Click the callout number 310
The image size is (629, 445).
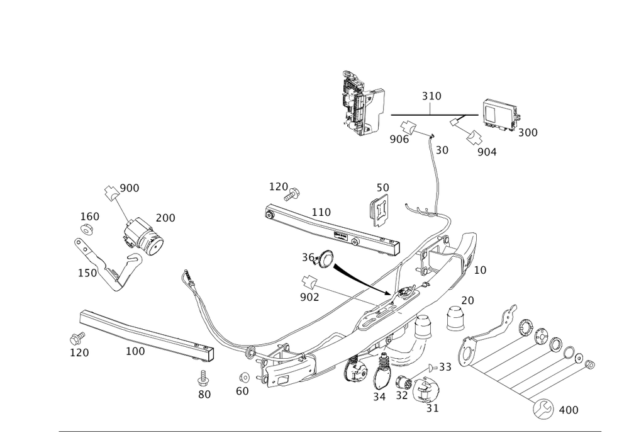431,96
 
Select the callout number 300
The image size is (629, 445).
528,133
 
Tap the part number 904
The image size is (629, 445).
487,152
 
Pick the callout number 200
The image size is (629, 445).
165,218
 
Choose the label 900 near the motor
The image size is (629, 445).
130,189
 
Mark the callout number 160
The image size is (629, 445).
89,216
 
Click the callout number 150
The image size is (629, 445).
87,273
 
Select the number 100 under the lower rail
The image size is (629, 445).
135,351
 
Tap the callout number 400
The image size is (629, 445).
569,411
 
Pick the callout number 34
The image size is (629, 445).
379,397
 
